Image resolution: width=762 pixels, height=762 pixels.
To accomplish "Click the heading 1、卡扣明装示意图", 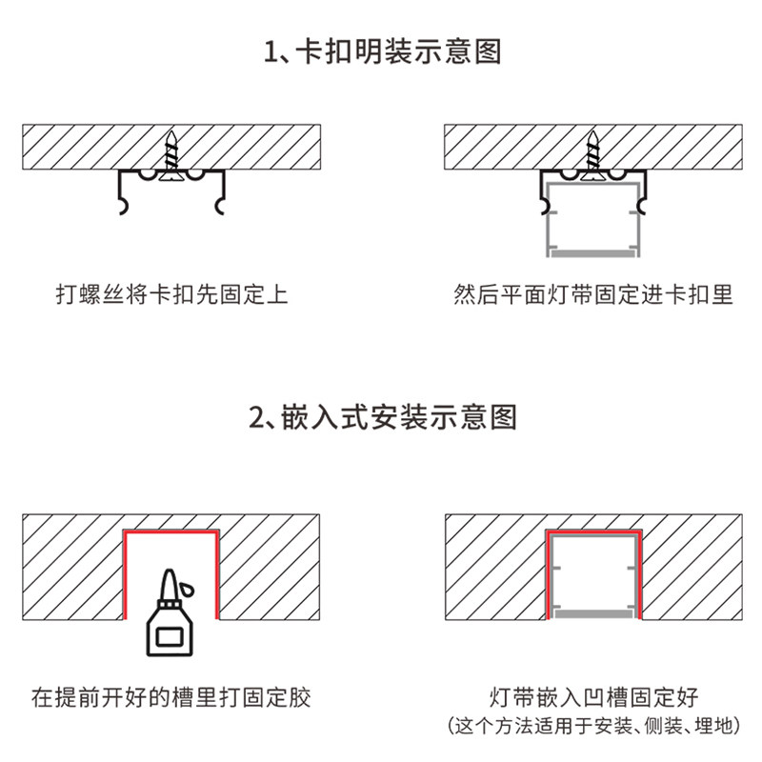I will (x=381, y=51).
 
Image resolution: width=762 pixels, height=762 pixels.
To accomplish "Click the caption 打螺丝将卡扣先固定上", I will (x=171, y=295).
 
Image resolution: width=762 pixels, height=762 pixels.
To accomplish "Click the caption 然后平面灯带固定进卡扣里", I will (x=593, y=295).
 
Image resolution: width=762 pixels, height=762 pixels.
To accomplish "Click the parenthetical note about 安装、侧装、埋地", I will (x=593, y=726).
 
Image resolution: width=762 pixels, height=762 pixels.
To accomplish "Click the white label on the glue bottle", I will (x=170, y=633).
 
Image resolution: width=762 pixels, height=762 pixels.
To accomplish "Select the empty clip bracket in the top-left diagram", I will (x=172, y=190).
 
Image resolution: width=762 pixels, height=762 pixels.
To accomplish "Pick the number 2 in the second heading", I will (x=254, y=418).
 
